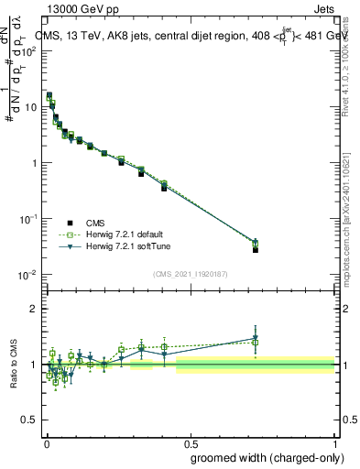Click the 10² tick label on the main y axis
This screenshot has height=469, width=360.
29,51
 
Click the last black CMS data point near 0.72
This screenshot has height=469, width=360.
256,249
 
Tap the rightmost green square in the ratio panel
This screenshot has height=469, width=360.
256,343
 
